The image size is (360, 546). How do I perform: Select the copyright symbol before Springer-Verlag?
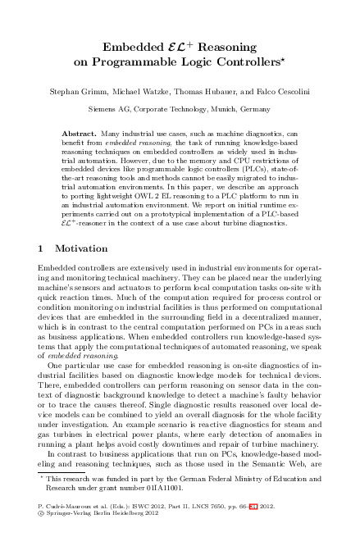point(41,537)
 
